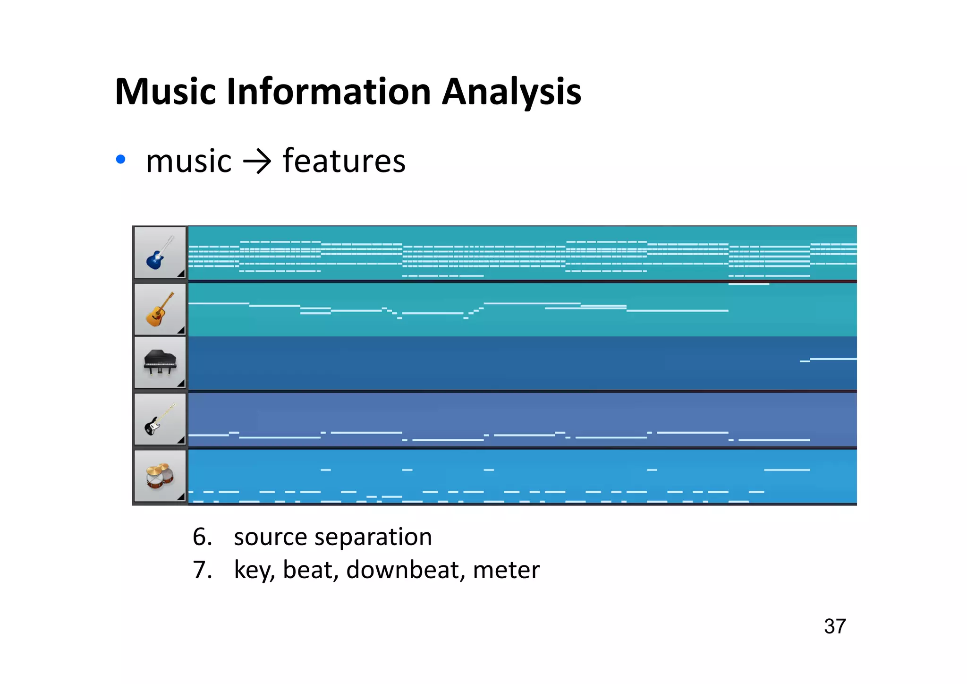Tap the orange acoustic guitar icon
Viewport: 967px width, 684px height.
coord(159,310)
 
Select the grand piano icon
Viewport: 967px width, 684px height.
coord(160,363)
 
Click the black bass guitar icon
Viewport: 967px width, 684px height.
coord(159,419)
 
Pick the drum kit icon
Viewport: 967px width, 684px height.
coord(159,476)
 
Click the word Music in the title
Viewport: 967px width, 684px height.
coord(166,92)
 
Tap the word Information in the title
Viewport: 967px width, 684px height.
coord(329,92)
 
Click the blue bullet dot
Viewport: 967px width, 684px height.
coord(121,160)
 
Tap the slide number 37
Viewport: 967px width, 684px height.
coord(834,626)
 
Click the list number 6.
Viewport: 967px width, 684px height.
coord(202,537)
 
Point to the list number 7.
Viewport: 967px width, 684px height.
coord(202,570)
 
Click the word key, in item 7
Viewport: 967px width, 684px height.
coord(254,570)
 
